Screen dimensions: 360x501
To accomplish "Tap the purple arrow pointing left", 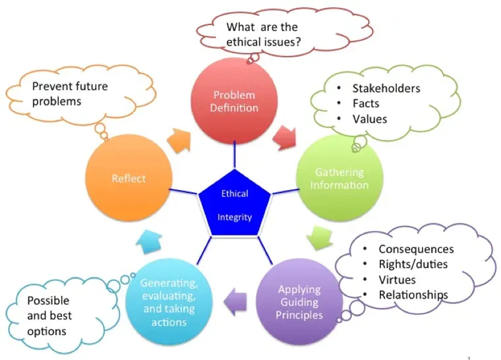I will pos(234,302).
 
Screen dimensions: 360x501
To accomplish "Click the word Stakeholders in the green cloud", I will pos(386,88).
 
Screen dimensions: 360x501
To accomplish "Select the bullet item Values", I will pos(370,119).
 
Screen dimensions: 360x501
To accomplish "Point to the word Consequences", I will pos(415,249).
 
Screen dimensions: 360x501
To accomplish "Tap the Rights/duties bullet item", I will pos(413,264).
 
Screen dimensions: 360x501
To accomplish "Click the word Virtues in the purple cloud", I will pos(397,280).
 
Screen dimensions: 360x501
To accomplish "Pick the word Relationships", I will pos(413,295).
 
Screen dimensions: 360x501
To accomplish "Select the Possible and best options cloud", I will pos(49,315).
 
